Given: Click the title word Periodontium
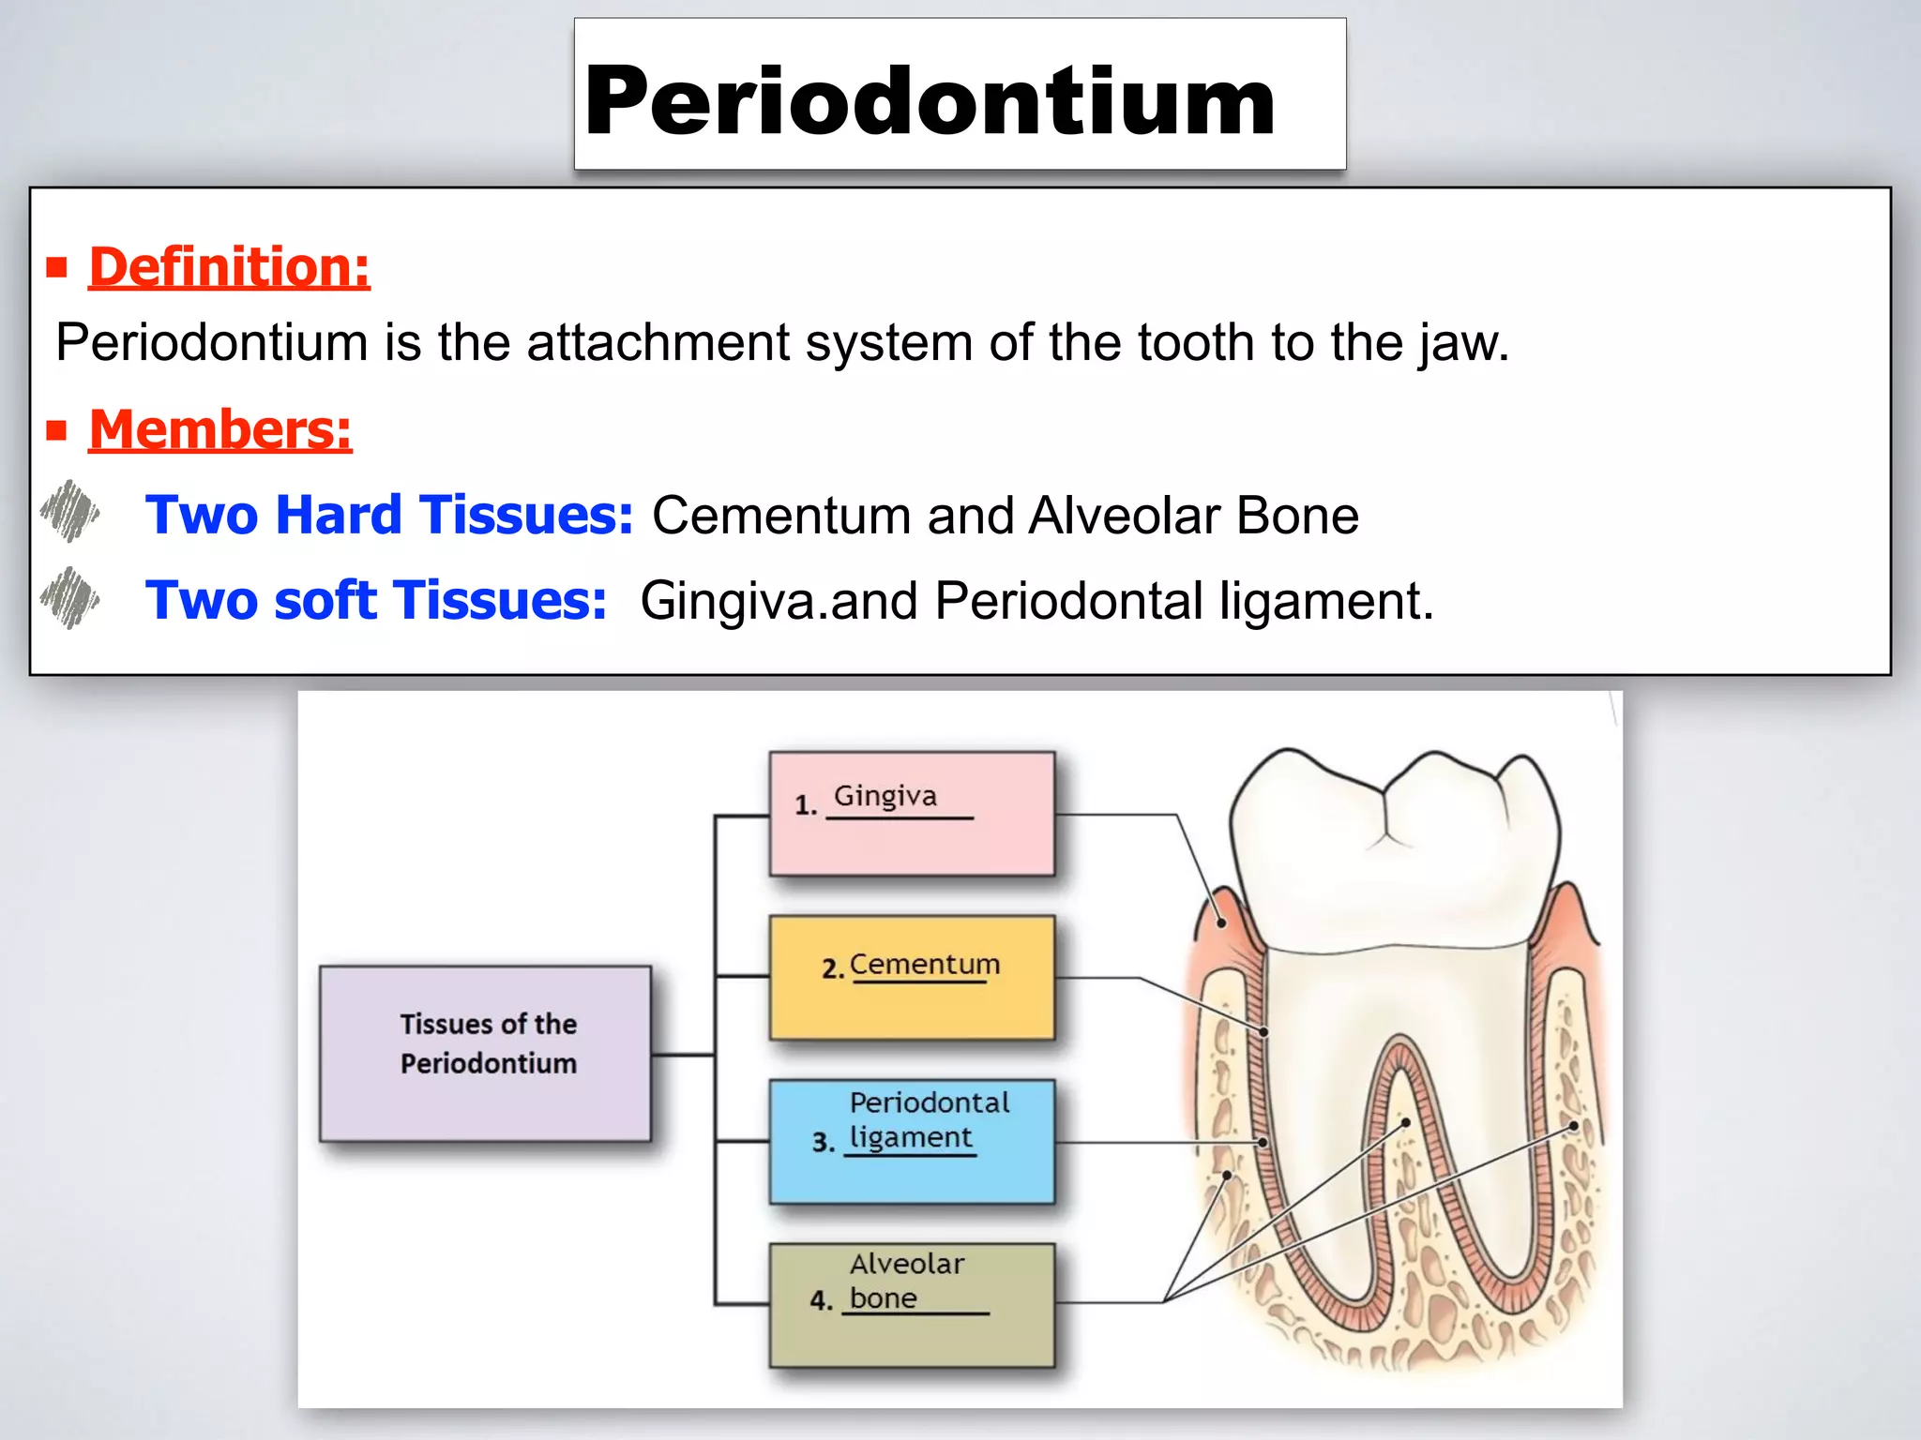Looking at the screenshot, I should coord(929,101).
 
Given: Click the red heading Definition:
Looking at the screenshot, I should coord(229,267).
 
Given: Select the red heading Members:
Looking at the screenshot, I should coord(219,430).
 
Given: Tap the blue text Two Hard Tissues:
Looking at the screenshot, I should coord(389,515).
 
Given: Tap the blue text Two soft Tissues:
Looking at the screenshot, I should coord(376,600).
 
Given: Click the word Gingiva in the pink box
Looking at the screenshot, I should coord(885,796).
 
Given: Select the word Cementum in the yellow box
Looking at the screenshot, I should coord(924,964).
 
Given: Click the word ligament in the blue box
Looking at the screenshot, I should coord(910,1137).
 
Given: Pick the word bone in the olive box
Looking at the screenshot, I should coord(883,1298).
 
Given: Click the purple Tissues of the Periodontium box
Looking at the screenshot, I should coord(485,1053).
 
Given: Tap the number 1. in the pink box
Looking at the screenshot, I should coord(806,804).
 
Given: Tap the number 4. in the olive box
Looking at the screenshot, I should coord(821,1300).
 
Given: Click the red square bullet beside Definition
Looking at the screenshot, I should coord(57,268).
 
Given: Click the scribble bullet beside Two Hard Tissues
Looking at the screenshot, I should coord(70,512).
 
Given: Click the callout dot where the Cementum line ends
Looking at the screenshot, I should coord(1263,1031).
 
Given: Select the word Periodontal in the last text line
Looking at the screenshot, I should coord(1068,601).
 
